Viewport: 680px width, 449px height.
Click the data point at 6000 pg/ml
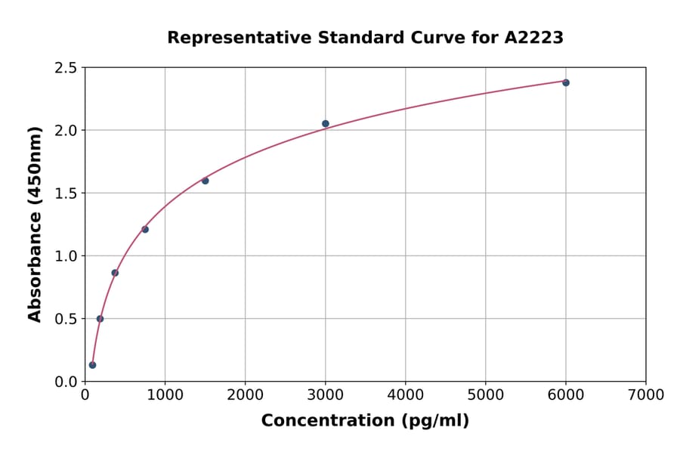coord(566,82)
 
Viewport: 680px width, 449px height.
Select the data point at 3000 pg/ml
coord(326,123)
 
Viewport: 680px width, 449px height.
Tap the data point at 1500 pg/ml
coord(205,181)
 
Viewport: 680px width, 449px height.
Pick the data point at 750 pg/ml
coord(145,229)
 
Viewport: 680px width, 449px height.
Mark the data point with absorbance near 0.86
coord(115,273)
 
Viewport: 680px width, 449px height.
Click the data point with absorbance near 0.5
coord(100,318)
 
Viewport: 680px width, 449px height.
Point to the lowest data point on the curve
coord(92,365)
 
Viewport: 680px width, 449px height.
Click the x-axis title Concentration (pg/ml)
coord(365,421)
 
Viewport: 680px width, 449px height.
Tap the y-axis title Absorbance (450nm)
coord(35,224)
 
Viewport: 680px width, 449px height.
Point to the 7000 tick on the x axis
coord(645,395)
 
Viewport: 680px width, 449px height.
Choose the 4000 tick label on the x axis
coord(405,395)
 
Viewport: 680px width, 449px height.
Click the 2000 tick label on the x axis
coord(245,395)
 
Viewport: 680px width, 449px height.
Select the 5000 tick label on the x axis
coord(485,395)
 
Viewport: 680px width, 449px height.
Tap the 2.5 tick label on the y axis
coord(65,68)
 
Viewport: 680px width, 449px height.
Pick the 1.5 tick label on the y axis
coord(65,194)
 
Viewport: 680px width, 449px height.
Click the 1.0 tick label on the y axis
coord(65,256)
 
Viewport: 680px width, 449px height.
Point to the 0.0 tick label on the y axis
coord(65,382)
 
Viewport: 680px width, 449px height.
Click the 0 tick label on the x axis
coord(85,395)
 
